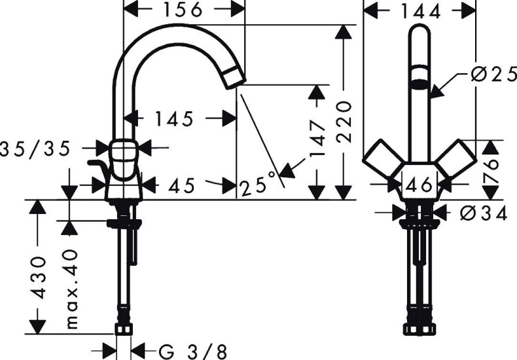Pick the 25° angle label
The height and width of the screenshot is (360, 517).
257,186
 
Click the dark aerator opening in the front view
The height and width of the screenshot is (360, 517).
419,83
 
